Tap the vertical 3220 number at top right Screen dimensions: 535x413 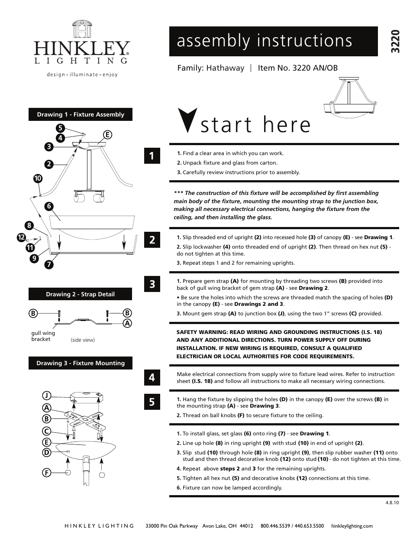394,42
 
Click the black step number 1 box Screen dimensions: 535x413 152,156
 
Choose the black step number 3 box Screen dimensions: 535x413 152,284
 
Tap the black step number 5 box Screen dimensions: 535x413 152,402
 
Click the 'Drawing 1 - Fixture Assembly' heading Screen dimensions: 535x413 81,114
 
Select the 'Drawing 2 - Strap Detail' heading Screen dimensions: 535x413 81,294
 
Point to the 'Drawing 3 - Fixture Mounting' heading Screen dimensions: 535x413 81,363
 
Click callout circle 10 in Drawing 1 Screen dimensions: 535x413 38,178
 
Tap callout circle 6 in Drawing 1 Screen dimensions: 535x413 49,206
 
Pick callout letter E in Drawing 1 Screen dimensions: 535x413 107,135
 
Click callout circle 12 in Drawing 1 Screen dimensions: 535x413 21,237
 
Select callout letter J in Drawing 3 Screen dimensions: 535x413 47,395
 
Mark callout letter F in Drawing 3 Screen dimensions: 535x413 47,473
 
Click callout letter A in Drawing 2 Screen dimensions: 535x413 127,323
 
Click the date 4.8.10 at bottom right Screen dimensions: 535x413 392,503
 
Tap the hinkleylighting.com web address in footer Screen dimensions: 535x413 352,526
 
